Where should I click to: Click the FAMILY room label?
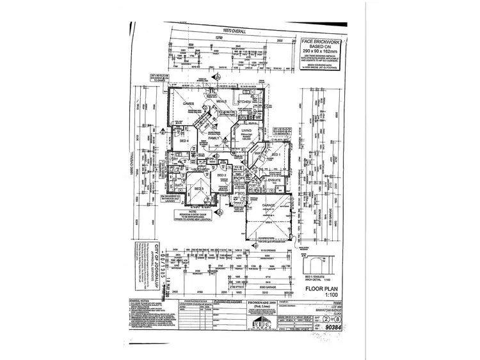[x=214, y=138]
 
